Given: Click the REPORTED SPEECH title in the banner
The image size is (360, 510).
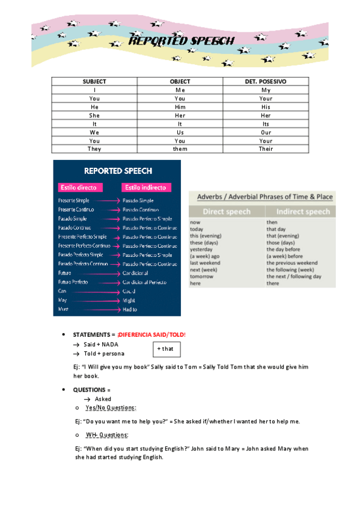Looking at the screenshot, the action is pyautogui.click(x=182, y=41).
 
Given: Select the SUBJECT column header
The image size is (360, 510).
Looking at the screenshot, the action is pyautogui.click(x=94, y=81).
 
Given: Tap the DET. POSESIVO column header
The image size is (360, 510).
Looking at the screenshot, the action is pyautogui.click(x=266, y=81).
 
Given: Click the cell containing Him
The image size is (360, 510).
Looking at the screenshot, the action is pyautogui.click(x=180, y=106).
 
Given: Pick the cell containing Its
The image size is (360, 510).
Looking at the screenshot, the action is pyautogui.click(x=266, y=123).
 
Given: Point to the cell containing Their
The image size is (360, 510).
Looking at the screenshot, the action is pyautogui.click(x=266, y=149).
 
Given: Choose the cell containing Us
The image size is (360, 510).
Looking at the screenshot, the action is pyautogui.click(x=180, y=132).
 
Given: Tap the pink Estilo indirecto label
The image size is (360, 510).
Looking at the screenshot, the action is pyautogui.click(x=147, y=187).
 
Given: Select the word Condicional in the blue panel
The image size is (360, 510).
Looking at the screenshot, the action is pyautogui.click(x=136, y=272).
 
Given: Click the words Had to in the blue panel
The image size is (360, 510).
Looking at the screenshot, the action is pyautogui.click(x=130, y=309).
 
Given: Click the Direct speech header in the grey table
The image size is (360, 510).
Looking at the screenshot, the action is pyautogui.click(x=227, y=211).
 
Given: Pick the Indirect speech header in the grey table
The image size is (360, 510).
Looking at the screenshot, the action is pyautogui.click(x=302, y=211).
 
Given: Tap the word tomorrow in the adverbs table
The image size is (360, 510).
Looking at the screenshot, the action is pyautogui.click(x=201, y=276).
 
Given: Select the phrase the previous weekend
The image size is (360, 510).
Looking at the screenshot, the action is pyautogui.click(x=292, y=263).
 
